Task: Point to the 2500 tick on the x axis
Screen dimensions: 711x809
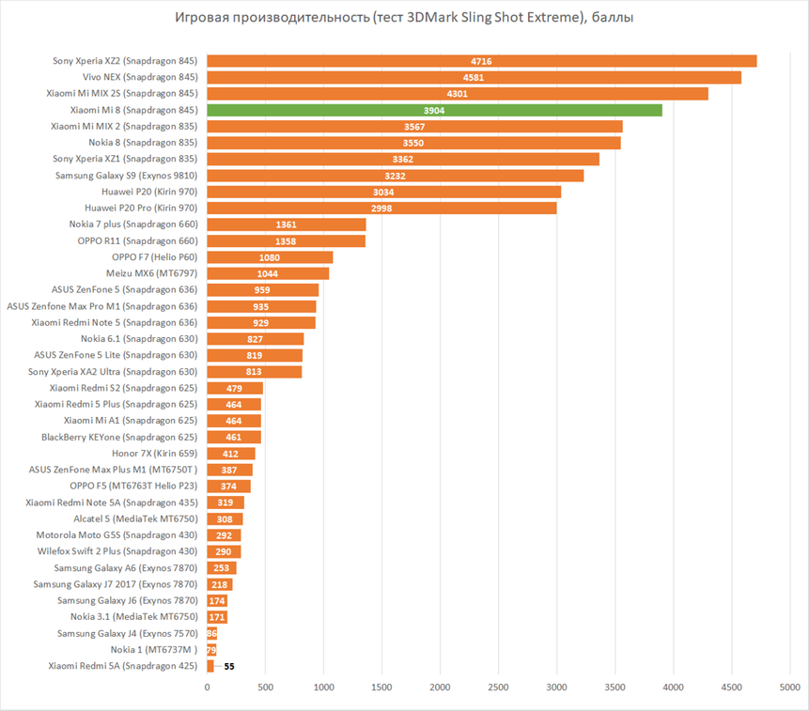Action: point(499,688)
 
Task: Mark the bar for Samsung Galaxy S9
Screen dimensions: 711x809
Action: point(395,176)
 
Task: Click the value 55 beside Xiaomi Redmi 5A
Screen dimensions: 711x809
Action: point(229,666)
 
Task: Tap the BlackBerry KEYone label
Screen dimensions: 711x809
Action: point(119,437)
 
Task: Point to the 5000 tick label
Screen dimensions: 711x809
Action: point(788,688)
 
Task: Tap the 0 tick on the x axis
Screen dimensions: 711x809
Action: point(208,688)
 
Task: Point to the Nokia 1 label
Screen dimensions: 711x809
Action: point(154,649)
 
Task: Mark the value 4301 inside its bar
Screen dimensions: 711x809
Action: point(457,94)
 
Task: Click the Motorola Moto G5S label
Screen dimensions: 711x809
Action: point(114,535)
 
